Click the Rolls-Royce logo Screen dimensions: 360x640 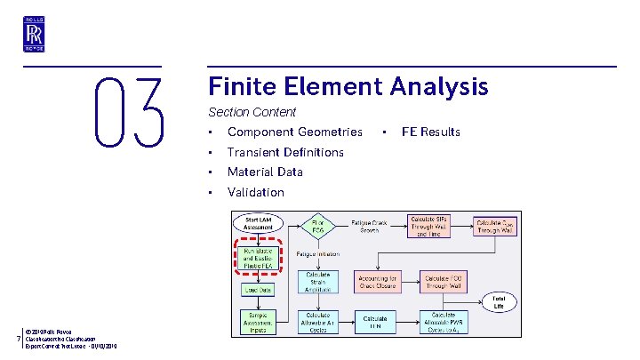pos(34,36)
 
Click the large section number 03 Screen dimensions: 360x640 pos(129,113)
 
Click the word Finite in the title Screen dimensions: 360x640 pos(244,86)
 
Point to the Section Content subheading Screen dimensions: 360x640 pos(252,113)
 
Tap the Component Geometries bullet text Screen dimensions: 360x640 pos(294,132)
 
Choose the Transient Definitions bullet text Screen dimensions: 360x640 pos(285,152)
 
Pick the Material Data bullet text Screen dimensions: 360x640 pos(265,172)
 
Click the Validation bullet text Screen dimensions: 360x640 pos(256,192)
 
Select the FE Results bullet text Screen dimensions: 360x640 pos(430,132)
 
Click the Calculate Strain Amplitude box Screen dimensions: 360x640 pos(317,281)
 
